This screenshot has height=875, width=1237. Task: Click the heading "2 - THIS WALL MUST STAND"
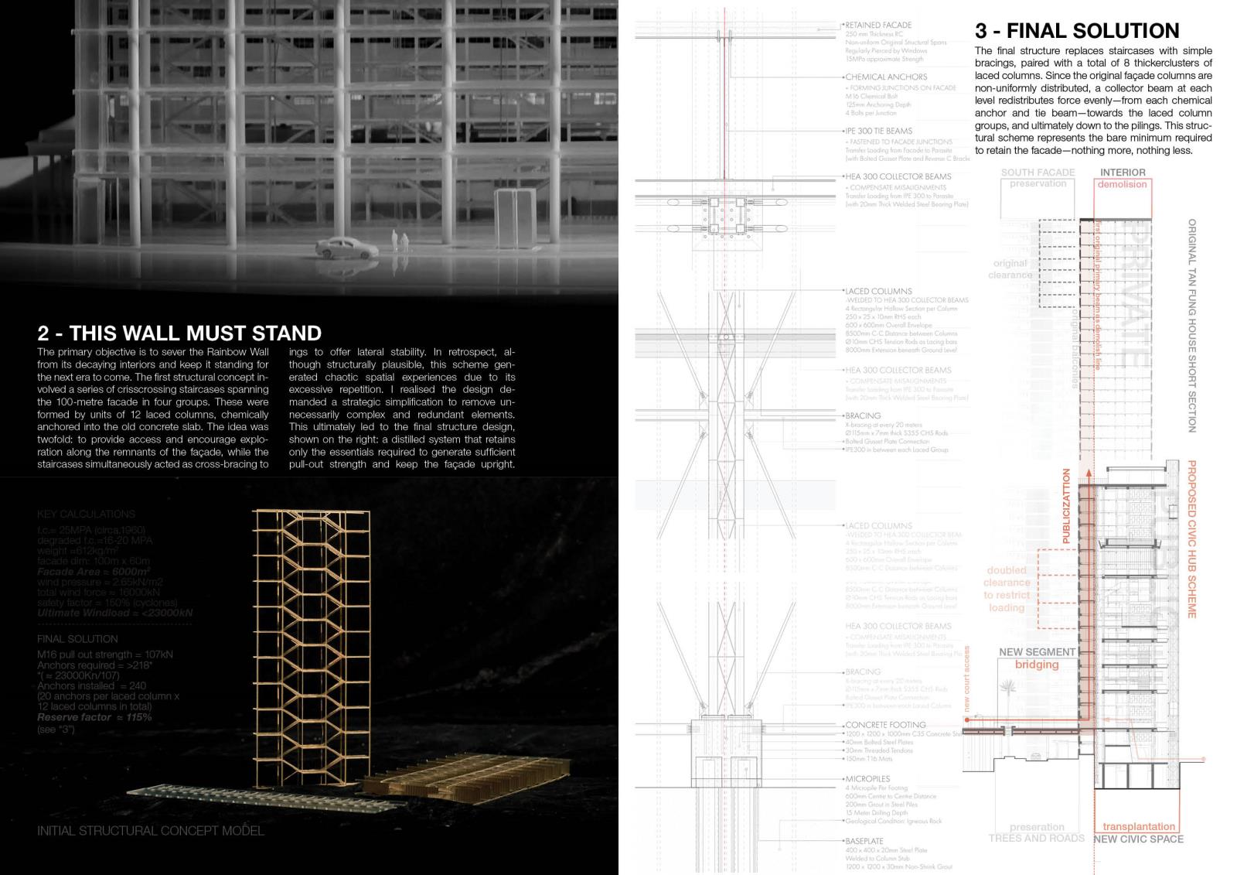point(179,333)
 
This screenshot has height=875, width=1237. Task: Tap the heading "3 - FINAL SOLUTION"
point(1077,31)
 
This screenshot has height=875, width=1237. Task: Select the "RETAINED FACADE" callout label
point(878,26)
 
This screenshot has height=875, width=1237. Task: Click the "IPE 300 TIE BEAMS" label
point(878,132)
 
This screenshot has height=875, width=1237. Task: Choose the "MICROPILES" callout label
point(867,779)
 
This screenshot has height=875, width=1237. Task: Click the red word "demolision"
point(1122,184)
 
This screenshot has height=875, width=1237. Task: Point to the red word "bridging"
point(1037,665)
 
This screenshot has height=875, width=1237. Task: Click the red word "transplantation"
point(1139,826)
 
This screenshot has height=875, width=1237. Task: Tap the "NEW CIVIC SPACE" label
point(1138,839)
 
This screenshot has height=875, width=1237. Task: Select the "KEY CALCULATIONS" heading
point(86,514)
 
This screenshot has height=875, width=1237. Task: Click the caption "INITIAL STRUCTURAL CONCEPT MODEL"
point(151,831)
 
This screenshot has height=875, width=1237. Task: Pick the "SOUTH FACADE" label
point(1038,173)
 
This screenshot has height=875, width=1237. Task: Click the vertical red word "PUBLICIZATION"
point(1066,506)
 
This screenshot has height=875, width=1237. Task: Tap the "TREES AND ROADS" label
point(1036,838)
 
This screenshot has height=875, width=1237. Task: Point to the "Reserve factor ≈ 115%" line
point(94,717)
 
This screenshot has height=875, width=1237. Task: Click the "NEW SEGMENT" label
point(1037,652)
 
